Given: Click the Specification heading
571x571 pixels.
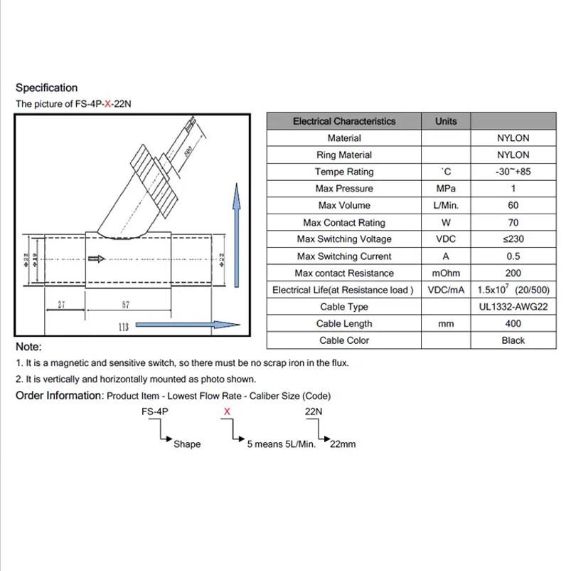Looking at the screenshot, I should click(x=46, y=88).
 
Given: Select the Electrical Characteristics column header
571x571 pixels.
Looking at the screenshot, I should click(x=343, y=121).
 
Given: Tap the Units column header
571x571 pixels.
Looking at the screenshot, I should click(x=446, y=121).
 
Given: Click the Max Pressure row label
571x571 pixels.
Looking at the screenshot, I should click(x=344, y=189).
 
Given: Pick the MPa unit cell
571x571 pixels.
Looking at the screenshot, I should click(x=446, y=189).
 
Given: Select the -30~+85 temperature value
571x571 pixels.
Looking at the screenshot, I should click(x=513, y=172).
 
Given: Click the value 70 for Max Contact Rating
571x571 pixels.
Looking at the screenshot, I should click(x=513, y=223).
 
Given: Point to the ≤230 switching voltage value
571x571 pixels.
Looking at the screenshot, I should click(x=513, y=239).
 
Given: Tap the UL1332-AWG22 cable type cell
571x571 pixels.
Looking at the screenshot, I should click(x=513, y=307).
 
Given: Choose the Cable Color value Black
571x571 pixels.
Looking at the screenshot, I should click(x=513, y=340).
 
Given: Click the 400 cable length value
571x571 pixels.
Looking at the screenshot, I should click(x=513, y=324).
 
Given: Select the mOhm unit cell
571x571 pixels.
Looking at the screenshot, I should click(x=446, y=273).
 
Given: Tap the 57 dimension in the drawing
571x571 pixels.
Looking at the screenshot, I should click(x=125, y=305).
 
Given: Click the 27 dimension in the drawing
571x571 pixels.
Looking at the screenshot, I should click(x=62, y=305).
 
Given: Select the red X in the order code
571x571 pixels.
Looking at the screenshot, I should click(x=227, y=411).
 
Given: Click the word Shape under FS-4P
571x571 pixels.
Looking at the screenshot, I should click(x=187, y=444).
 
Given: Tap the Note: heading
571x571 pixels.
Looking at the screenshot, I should click(x=28, y=347).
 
